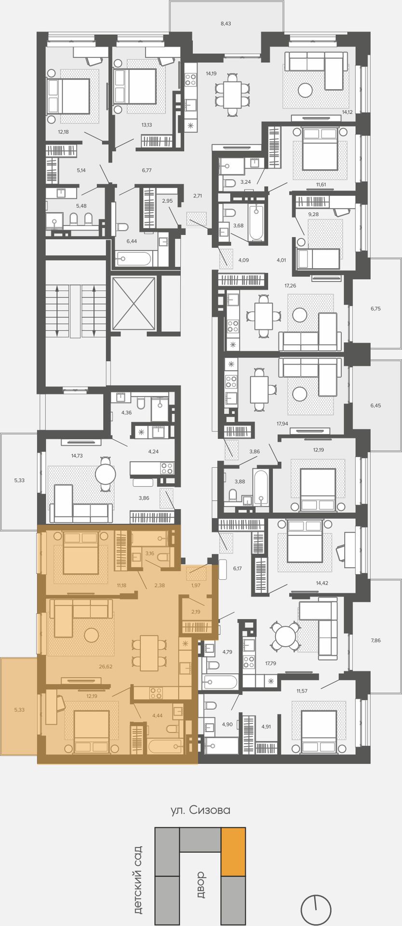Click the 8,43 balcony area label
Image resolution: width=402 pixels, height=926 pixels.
(226, 23)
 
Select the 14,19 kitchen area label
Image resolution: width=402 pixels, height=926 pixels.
(211, 74)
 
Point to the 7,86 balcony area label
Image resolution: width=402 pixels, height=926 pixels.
(375, 640)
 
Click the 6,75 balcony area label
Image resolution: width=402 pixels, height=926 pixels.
(375, 309)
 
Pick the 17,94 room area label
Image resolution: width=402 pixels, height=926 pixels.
(282, 423)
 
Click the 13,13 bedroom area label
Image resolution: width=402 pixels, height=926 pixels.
(147, 125)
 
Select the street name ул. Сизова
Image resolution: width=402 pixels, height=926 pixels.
(201, 810)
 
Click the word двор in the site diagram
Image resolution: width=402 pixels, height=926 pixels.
(201, 885)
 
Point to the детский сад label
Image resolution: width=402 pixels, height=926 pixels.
(138, 880)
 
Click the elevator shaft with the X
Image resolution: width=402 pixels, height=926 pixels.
(134, 303)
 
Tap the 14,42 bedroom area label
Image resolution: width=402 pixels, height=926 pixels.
(322, 583)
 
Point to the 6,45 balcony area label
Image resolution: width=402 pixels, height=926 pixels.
(375, 406)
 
